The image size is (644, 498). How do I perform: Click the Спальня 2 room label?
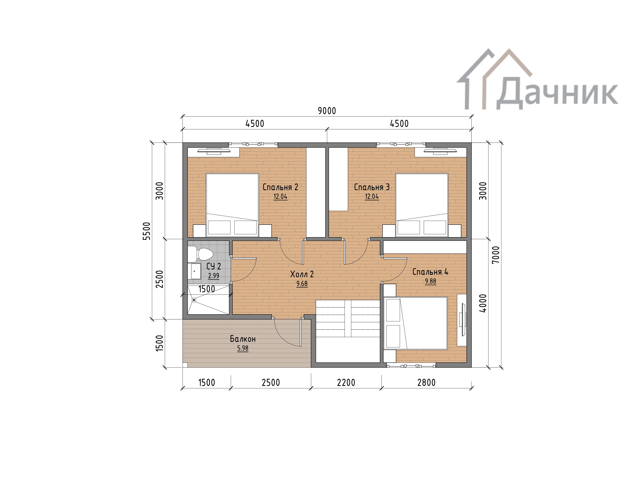[280, 187]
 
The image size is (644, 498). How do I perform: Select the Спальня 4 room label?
[430, 272]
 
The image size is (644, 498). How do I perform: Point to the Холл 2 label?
[302, 274]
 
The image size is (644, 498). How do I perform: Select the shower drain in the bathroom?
[194, 300]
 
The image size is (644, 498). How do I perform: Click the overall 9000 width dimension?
[327, 111]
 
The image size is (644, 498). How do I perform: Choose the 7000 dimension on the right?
[496, 255]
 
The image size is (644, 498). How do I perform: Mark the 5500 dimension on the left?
[147, 231]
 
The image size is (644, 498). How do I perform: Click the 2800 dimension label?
[426, 383]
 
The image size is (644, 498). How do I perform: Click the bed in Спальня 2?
[232, 205]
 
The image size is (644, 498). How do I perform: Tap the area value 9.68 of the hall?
[302, 284]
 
